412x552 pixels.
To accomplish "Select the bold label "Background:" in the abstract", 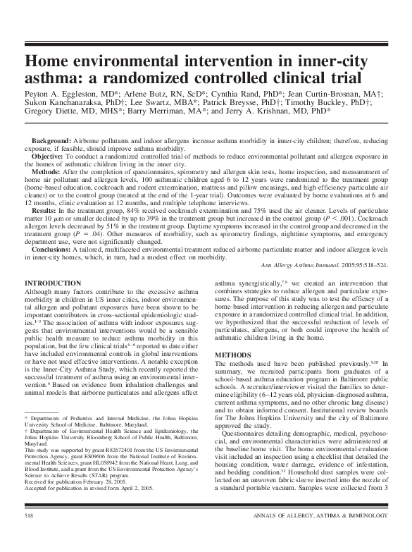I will [52, 142].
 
